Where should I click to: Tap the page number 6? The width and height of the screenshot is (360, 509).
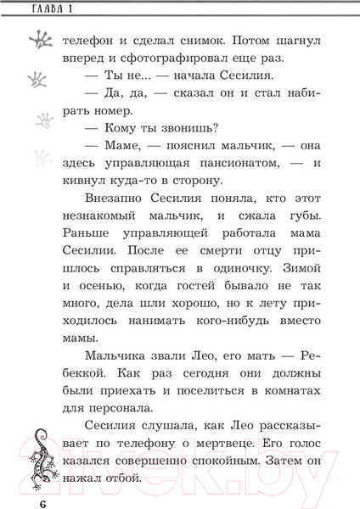41,495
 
